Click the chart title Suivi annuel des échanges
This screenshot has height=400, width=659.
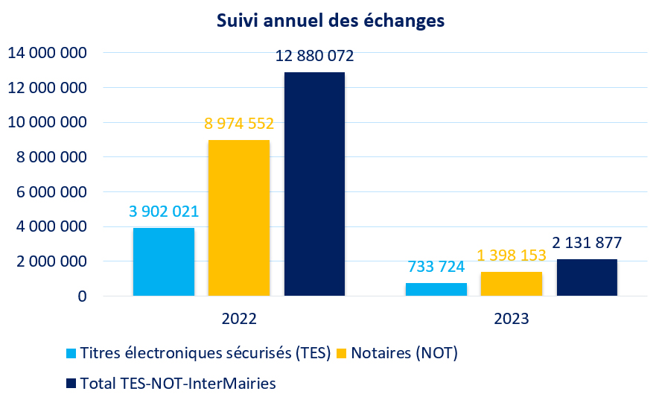tap(330, 21)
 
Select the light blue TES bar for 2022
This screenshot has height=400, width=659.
tap(164, 261)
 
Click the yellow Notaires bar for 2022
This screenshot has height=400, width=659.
tap(239, 218)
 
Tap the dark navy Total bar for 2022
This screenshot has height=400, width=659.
tap(314, 184)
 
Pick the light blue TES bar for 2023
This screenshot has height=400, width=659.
tap(436, 289)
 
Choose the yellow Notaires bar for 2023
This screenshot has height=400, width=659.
tap(512, 284)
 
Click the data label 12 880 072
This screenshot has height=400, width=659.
tap(314, 56)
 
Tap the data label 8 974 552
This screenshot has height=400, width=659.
tap(239, 124)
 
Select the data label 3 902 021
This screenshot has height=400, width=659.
tap(164, 212)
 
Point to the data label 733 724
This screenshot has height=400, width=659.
tap(436, 267)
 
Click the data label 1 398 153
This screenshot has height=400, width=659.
tap(512, 255)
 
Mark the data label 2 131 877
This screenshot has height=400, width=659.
tap(587, 243)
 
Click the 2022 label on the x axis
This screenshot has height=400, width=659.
tap(239, 319)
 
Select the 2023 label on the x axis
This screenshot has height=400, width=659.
tap(512, 319)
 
